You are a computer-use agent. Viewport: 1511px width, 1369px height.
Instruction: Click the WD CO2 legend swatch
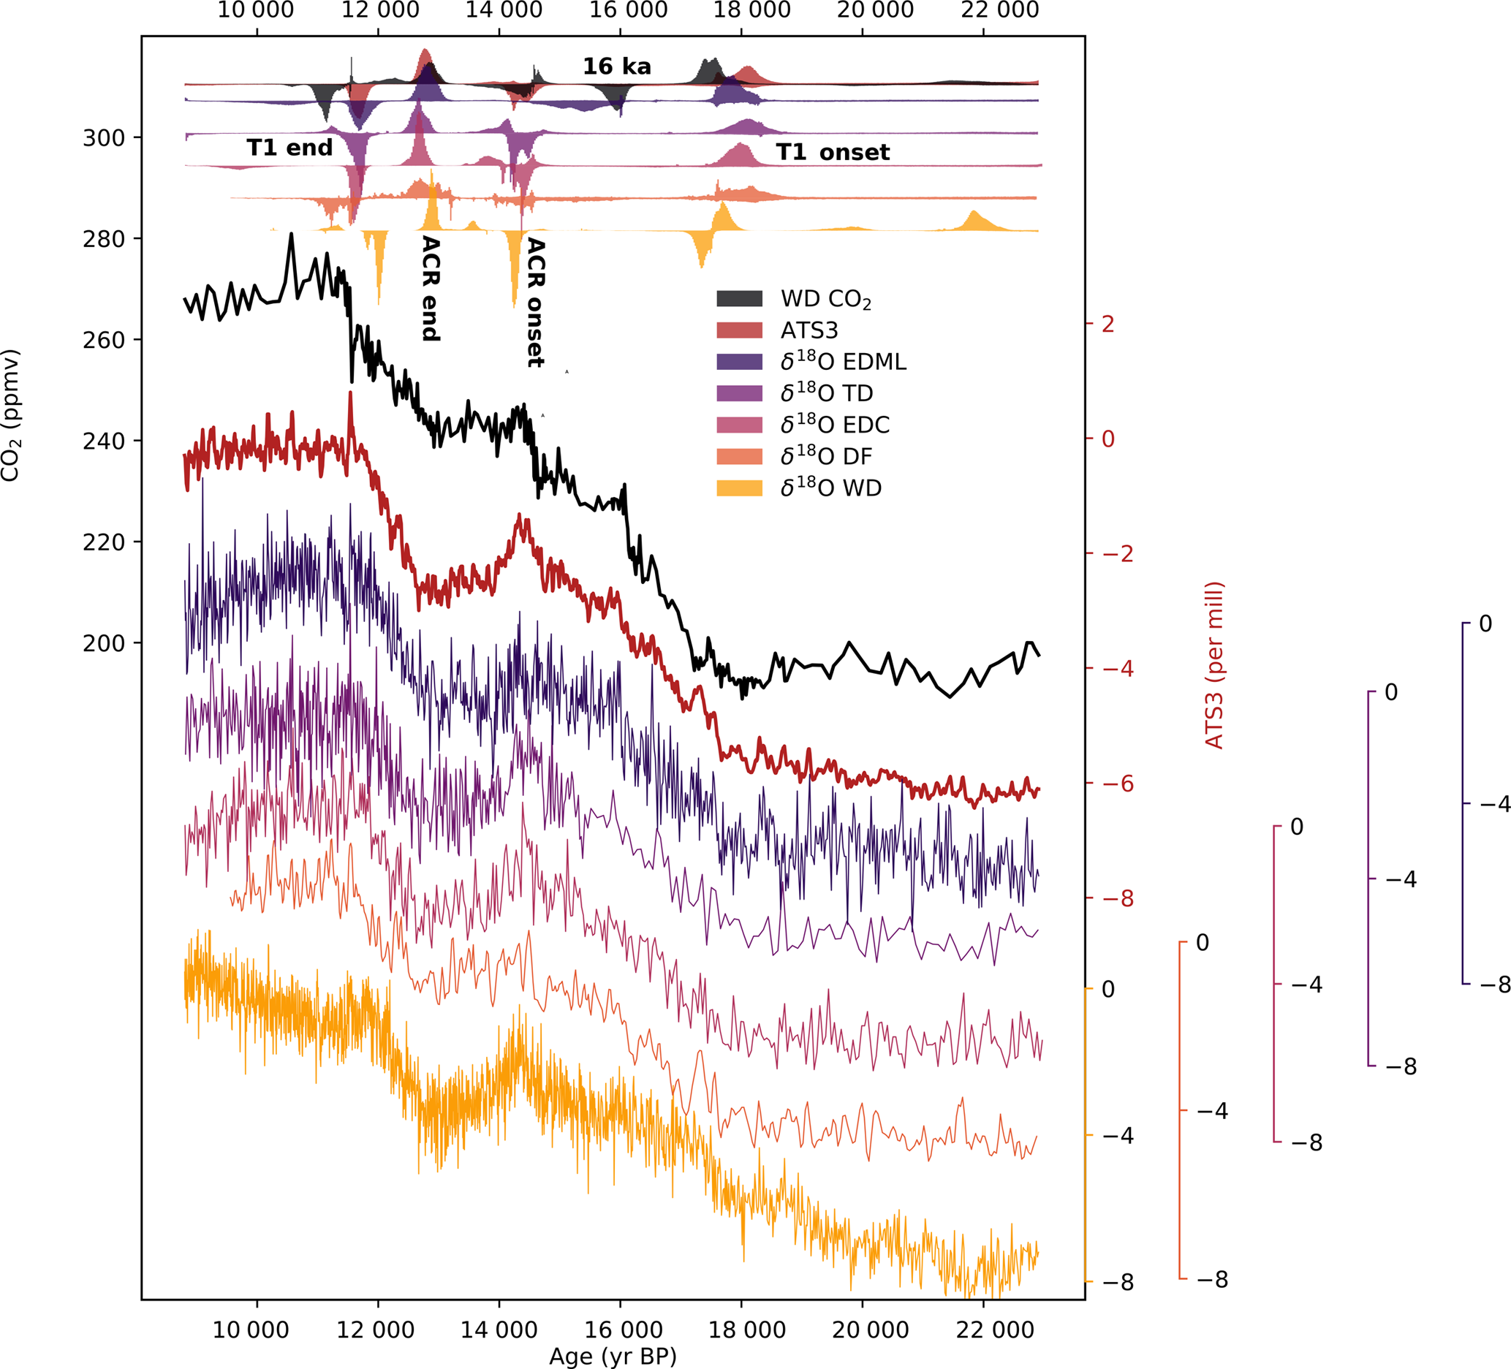click(x=739, y=299)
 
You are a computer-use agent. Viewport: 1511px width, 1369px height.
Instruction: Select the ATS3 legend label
click(x=808, y=330)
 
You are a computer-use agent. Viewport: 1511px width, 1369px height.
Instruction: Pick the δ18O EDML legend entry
click(x=842, y=362)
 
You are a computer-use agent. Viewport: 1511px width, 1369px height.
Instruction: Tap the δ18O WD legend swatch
click(x=739, y=488)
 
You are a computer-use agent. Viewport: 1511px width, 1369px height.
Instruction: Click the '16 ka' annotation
click(x=617, y=67)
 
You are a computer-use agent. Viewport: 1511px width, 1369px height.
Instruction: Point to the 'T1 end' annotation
click(x=289, y=148)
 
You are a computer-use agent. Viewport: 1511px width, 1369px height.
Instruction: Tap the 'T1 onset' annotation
click(x=832, y=152)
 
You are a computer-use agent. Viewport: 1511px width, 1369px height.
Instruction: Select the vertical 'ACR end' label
click(x=431, y=289)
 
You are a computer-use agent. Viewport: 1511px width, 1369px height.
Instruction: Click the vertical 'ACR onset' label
click(x=535, y=303)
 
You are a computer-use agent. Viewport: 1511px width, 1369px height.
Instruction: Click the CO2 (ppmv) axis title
click(x=10, y=415)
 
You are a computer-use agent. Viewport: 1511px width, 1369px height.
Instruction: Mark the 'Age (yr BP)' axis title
click(x=613, y=1356)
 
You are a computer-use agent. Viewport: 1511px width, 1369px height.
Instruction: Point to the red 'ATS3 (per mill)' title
click(x=1213, y=664)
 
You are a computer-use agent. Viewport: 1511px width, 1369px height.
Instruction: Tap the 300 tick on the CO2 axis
click(x=103, y=138)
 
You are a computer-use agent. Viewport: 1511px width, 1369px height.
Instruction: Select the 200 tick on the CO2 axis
click(x=103, y=643)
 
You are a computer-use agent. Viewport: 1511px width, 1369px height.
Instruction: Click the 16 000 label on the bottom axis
click(x=623, y=1330)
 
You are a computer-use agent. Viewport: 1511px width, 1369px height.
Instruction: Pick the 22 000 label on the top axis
click(x=1000, y=10)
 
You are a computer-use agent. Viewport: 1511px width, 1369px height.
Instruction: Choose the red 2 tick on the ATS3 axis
click(x=1107, y=324)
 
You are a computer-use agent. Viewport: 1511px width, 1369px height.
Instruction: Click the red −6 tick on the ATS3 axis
click(x=1117, y=784)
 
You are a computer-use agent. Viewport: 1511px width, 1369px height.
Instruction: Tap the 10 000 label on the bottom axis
click(x=250, y=1330)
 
